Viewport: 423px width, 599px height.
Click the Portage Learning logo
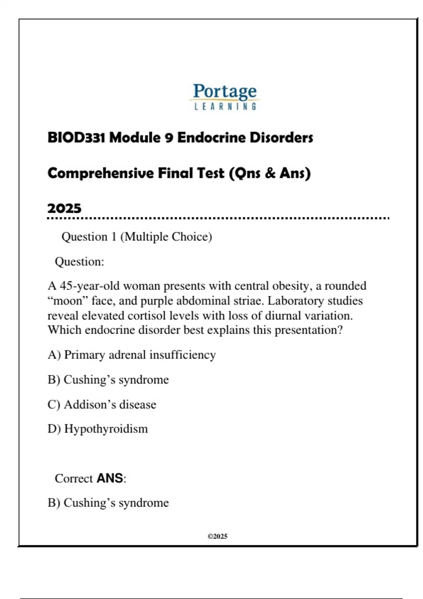225,96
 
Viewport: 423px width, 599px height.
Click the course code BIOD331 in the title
76,137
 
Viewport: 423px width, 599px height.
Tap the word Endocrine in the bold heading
211,137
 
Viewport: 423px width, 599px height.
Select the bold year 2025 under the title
65,208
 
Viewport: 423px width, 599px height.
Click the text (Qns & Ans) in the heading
270,173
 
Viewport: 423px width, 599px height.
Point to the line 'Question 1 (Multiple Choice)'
137,236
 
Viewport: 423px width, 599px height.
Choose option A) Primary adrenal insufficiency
131,354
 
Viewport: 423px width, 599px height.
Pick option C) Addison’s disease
102,404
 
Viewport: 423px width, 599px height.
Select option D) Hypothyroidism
98,429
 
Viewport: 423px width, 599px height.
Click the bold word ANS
110,478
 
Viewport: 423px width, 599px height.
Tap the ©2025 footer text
217,536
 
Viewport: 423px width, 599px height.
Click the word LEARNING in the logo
225,106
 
